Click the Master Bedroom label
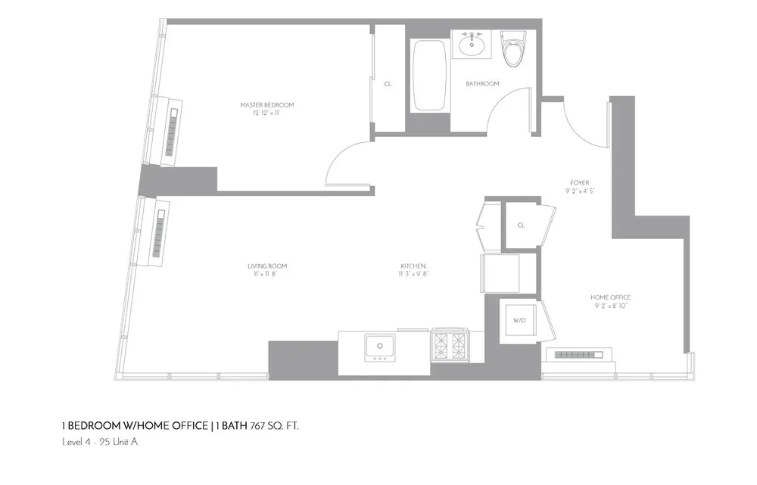click(x=266, y=104)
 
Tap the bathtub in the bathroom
click(x=429, y=76)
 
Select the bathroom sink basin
click(x=472, y=45)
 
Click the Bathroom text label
click(x=482, y=84)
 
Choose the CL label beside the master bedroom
click(x=388, y=84)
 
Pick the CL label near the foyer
click(x=521, y=225)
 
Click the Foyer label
click(x=581, y=183)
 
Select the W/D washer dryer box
click(x=519, y=321)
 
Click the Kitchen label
click(x=414, y=266)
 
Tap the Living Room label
click(x=266, y=266)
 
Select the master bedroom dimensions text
click(x=266, y=112)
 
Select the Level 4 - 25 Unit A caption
click(x=99, y=442)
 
